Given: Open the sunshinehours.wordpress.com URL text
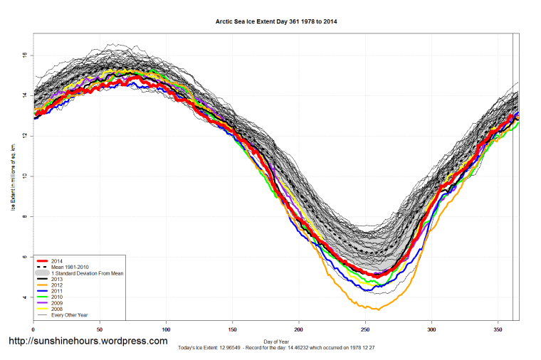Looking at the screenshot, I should tap(88, 342).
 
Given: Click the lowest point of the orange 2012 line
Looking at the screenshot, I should tap(378, 309).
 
